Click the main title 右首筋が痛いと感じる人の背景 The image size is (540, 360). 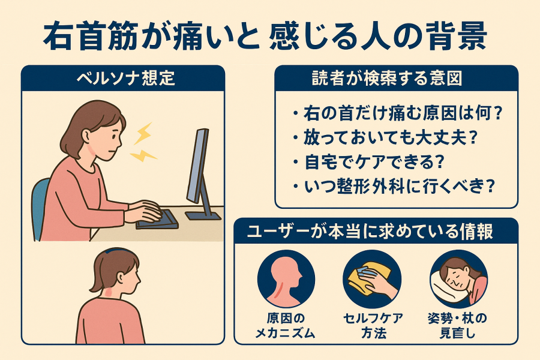coord(265,36)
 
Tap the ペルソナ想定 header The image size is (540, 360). coord(126,78)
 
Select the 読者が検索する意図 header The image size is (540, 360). coord(387,78)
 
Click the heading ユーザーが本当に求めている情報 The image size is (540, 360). coord(370,231)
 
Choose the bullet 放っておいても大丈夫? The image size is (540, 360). coord(385,137)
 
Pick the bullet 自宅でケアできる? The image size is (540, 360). coord(368,161)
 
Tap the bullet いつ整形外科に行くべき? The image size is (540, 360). coord(394,186)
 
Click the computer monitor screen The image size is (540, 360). coord(197,166)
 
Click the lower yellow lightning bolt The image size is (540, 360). coord(143,155)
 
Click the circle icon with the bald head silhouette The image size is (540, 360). coord(286,278)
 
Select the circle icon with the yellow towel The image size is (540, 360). coord(372,278)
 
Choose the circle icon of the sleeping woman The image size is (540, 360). coord(458,278)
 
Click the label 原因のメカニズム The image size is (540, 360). coord(286,325)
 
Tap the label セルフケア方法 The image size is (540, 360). coord(373,325)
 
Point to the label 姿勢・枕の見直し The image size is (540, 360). coord(458,325)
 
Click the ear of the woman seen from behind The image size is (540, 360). coord(120,278)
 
